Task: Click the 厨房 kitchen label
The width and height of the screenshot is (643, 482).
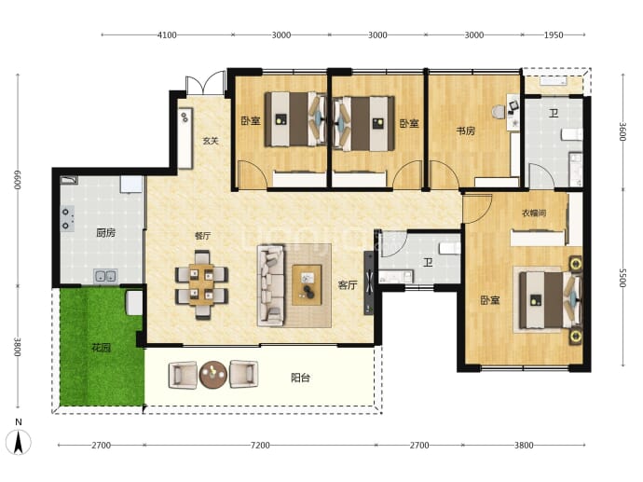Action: [106, 233]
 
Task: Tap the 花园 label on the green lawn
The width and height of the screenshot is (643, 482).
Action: [101, 348]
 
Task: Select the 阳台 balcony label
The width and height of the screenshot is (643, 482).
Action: [300, 378]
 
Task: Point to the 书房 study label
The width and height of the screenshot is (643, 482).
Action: [466, 131]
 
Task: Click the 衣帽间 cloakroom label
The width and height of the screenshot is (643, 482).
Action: [534, 213]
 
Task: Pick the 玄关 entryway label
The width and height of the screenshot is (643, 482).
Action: [211, 141]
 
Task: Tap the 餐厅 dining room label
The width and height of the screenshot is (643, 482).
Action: [202, 236]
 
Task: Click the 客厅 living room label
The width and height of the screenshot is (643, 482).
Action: [348, 285]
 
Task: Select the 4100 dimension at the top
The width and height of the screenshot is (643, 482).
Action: [167, 34]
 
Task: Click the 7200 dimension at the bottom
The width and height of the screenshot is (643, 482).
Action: [260, 445]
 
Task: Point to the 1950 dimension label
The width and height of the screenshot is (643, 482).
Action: [554, 34]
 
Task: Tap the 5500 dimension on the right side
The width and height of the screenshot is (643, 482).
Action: [622, 278]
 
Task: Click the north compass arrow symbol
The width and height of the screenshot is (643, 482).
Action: [19, 443]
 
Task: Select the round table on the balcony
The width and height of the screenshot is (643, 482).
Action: [213, 374]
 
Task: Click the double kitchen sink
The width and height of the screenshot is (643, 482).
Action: [105, 276]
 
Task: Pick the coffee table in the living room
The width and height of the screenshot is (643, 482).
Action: [307, 284]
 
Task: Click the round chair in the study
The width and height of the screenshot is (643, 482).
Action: [499, 112]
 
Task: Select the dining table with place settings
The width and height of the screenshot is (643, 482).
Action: [201, 284]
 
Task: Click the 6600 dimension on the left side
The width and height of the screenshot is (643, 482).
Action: [17, 180]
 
